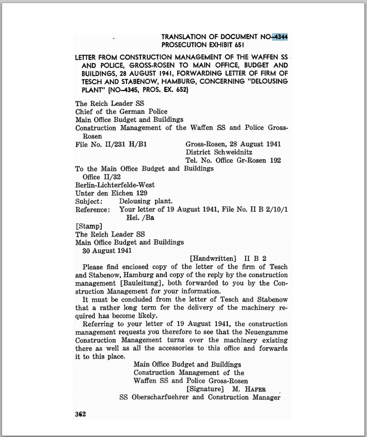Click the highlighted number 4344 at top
pos(281,37)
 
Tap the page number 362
pos(80,414)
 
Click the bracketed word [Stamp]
pos(89,226)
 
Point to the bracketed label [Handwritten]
pos(213,258)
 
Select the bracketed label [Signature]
pos(205,389)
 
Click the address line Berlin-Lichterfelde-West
pos(115,185)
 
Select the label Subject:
pos(89,201)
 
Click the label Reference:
pos(93,209)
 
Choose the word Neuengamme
pos(266,332)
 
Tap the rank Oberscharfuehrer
pos(160,397)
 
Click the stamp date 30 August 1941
pos(107,250)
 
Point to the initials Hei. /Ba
pos(140,218)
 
